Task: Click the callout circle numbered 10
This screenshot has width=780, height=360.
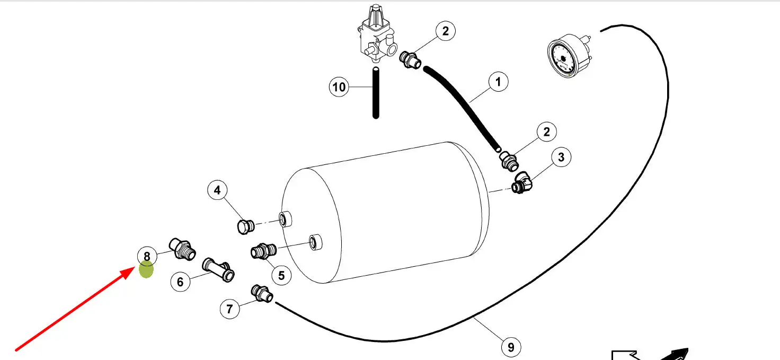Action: coord(339,86)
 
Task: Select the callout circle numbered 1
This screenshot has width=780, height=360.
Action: coord(498,82)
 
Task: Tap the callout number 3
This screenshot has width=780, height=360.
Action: coord(561,157)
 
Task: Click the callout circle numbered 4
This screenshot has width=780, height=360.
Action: coord(217,190)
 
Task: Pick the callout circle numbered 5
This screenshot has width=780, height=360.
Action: coord(281,275)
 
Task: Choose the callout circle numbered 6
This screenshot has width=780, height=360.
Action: coord(180,282)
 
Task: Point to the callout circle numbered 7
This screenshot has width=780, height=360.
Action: coord(229,309)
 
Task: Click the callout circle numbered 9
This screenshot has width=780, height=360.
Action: coord(511,347)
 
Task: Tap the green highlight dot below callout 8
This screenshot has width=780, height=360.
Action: coord(146,270)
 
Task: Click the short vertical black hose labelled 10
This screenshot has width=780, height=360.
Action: coord(376,93)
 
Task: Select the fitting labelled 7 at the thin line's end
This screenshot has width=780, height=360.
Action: coord(262,293)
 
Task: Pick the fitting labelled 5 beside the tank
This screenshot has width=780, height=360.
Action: coord(263,250)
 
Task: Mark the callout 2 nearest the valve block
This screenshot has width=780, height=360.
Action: coord(445,31)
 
